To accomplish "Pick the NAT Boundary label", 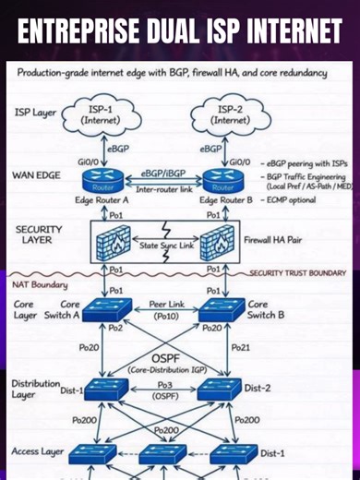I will [41, 286].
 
